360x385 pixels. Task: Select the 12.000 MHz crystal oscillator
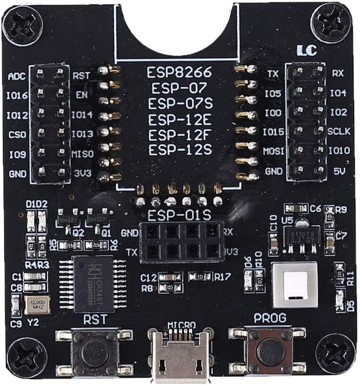(x=37, y=305)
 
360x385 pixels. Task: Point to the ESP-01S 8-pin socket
(x=180, y=241)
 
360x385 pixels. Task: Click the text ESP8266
(x=179, y=73)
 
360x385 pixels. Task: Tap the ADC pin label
(x=17, y=76)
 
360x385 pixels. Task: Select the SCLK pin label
(x=336, y=131)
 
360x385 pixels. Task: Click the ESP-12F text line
(x=179, y=135)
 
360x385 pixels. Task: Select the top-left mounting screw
(x=22, y=25)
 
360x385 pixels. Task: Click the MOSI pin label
(x=272, y=151)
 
